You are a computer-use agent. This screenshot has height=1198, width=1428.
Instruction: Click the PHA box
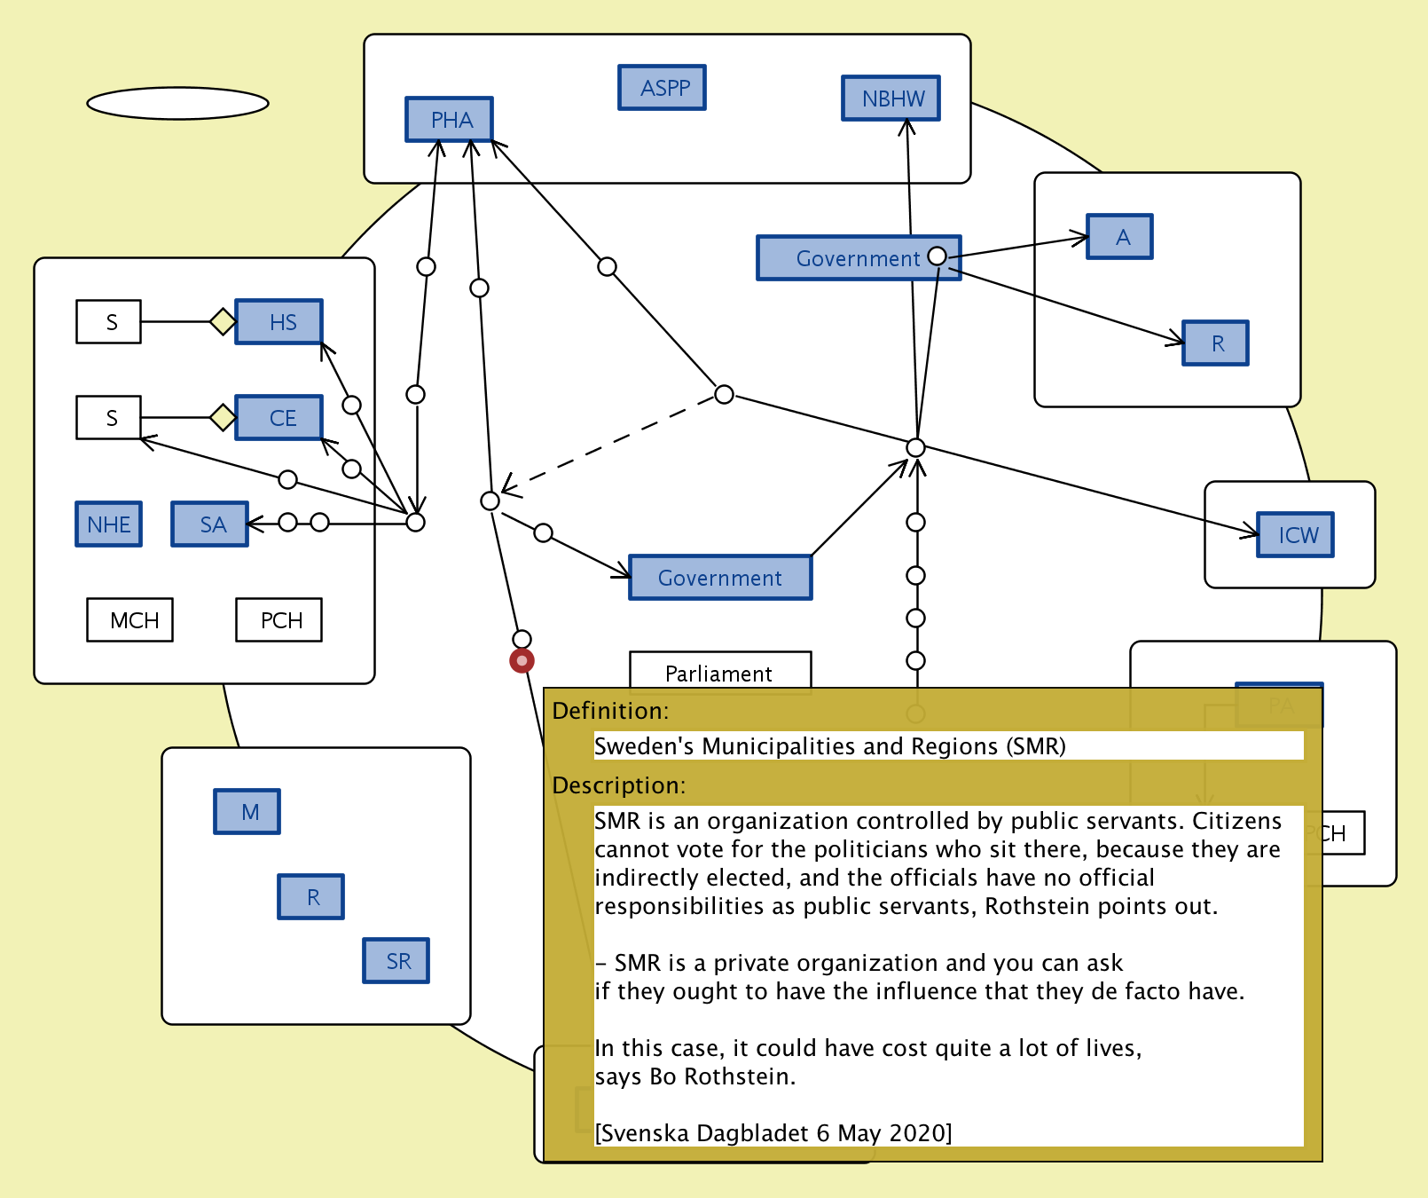[x=449, y=120]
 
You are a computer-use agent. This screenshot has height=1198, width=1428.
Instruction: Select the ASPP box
[x=662, y=88]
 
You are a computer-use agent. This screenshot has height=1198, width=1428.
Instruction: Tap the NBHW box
[x=891, y=99]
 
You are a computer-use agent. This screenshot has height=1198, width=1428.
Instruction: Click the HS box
[x=279, y=322]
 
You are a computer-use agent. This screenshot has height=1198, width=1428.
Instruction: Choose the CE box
[x=279, y=418]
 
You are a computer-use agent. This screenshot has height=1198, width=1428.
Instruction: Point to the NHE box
[x=109, y=524]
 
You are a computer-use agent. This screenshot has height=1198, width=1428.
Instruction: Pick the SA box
[x=210, y=524]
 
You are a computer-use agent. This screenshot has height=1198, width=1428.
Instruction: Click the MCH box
[x=130, y=620]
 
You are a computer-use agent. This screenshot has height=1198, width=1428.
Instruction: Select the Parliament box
[x=720, y=671]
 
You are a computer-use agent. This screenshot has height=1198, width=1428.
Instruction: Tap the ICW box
[x=1295, y=535]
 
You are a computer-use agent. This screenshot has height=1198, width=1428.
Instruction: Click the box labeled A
[x=1120, y=237]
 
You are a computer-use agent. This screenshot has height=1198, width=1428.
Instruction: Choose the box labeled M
[x=247, y=812]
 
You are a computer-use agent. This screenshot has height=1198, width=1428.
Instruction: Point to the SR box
[x=396, y=961]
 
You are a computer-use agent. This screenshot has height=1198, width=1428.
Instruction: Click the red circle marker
[x=522, y=660]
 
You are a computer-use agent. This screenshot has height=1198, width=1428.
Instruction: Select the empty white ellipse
[x=177, y=103]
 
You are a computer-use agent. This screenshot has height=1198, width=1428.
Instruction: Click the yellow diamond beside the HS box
[x=223, y=321]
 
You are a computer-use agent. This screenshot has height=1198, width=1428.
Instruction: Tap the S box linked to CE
[x=109, y=418]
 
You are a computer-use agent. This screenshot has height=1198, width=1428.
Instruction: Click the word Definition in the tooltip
[x=608, y=711]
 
